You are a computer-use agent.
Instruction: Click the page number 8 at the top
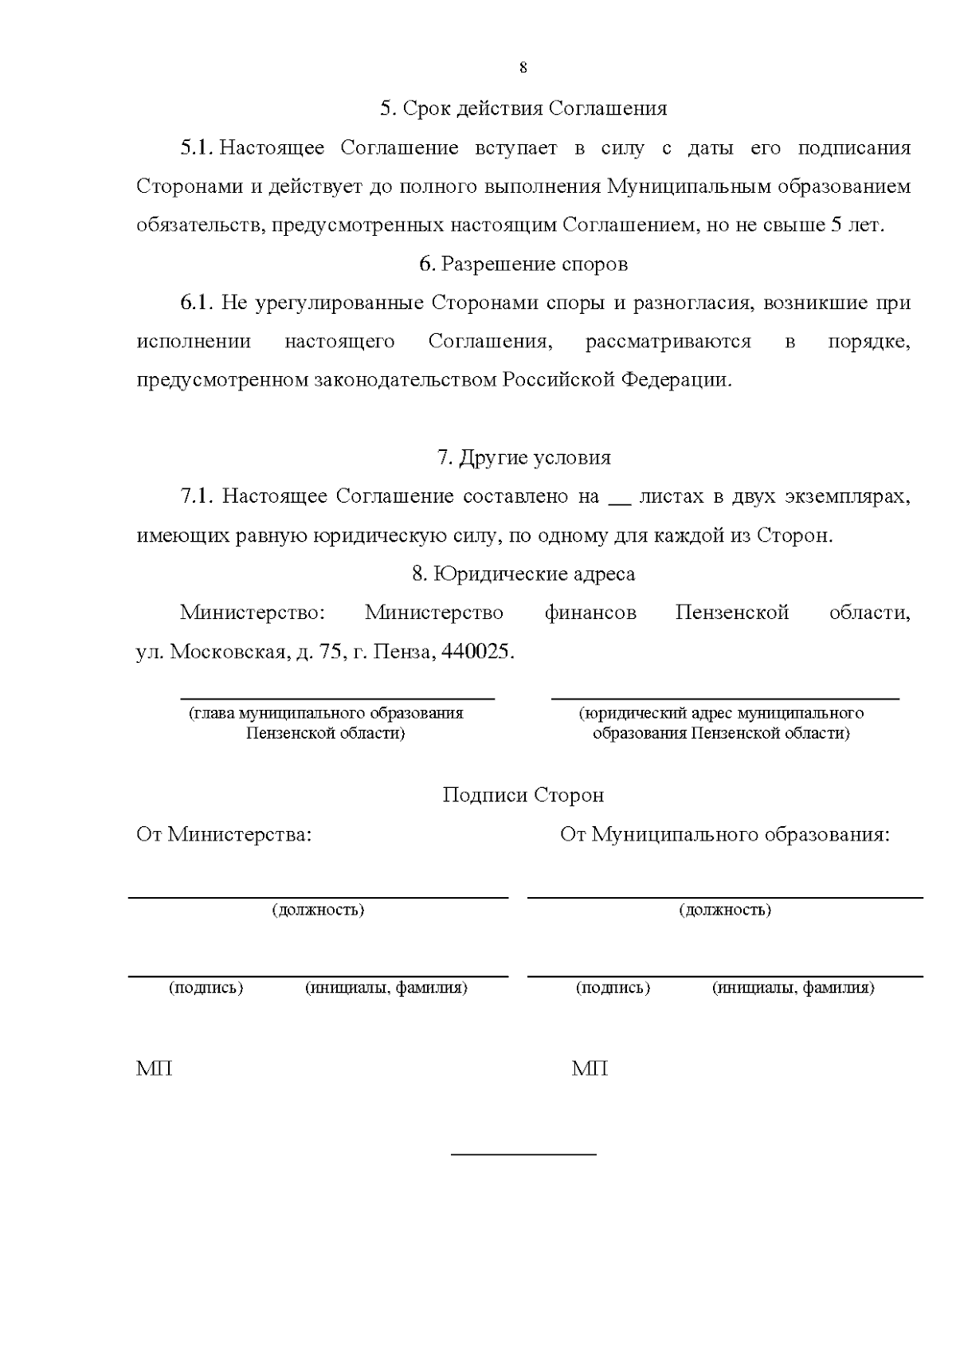(523, 68)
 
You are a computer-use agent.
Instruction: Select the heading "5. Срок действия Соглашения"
(523, 108)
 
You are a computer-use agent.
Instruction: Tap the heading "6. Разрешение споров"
(523, 264)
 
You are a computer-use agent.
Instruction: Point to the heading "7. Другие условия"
(523, 457)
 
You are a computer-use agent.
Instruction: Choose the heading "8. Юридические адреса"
(523, 574)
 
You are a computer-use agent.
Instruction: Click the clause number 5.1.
(197, 147)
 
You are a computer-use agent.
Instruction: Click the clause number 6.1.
(197, 303)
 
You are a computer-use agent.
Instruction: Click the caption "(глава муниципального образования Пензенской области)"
(326, 723)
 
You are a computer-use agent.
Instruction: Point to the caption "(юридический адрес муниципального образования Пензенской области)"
(721, 723)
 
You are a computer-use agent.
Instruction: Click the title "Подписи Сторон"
(523, 795)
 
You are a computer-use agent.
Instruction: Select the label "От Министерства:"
(224, 834)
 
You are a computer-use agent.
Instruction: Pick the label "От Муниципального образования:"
(724, 834)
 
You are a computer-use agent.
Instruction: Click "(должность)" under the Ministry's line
(318, 910)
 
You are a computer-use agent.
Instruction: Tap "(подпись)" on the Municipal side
(613, 988)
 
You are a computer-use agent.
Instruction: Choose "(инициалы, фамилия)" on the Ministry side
(386, 988)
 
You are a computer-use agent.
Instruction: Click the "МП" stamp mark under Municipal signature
(590, 1068)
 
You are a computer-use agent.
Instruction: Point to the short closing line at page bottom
(523, 1153)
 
